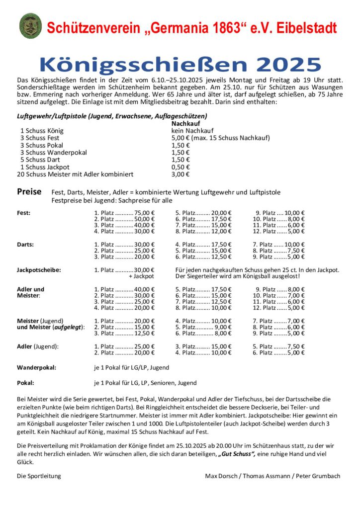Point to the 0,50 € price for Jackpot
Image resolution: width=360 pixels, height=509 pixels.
pyautogui.click(x=180, y=167)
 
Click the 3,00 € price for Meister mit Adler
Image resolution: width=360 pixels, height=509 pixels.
pyautogui.click(x=180, y=174)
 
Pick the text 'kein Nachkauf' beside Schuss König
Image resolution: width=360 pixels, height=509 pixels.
pyautogui.click(x=191, y=131)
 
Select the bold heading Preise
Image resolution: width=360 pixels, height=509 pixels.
pyautogui.click(x=29, y=192)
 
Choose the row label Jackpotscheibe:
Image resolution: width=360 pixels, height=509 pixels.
pyautogui.click(x=39, y=270)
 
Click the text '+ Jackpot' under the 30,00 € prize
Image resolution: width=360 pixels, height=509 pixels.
pyautogui.click(x=141, y=276)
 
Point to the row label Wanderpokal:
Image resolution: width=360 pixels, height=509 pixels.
pyautogui.click(x=36, y=367)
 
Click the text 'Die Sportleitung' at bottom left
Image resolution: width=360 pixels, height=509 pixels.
pyautogui.click(x=39, y=476)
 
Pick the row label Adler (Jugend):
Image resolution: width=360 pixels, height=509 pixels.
pyautogui.click(x=38, y=346)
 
